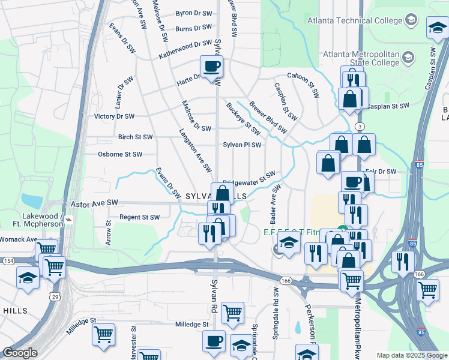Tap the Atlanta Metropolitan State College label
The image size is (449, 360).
[361, 58]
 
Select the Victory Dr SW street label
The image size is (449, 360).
[114, 116]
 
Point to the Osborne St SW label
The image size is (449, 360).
[119, 154]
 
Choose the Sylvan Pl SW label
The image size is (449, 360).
[243, 145]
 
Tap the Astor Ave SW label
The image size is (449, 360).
[94, 204]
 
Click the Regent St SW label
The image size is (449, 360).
[140, 217]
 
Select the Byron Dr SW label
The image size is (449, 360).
[193, 13]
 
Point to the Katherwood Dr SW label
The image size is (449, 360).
[185, 49]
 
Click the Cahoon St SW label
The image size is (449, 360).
[303, 76]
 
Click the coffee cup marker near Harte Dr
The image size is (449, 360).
[211, 67]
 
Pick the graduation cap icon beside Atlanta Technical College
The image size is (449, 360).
[411, 20]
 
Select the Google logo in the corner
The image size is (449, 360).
[20, 353]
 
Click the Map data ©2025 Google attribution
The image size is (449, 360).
[411, 355]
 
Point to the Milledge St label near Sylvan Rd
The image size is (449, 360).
[191, 324]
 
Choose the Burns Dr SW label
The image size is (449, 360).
[194, 28]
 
